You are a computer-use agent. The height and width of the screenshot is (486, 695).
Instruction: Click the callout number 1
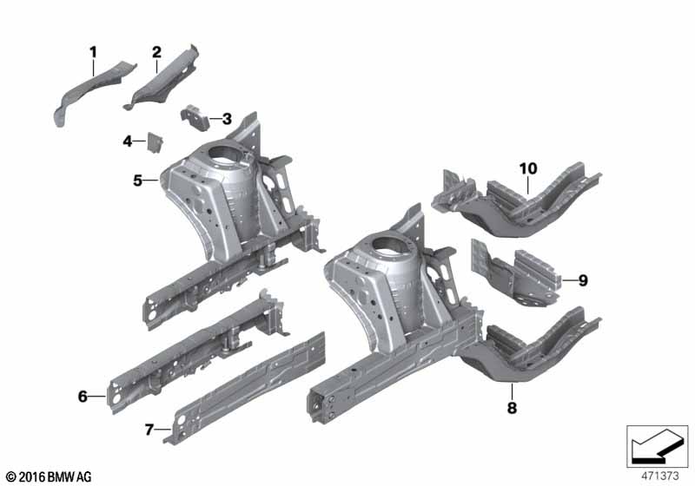pyautogui.click(x=93, y=52)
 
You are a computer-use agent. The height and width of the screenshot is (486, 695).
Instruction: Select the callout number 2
pyautogui.click(x=156, y=52)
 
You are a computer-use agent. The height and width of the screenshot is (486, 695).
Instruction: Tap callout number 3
pyautogui.click(x=227, y=119)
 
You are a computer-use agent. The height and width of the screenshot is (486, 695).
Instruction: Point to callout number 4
pyautogui.click(x=128, y=141)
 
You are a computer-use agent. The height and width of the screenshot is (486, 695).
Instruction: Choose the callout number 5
pyautogui.click(x=138, y=181)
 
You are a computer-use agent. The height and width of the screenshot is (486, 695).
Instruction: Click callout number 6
pyautogui.click(x=83, y=397)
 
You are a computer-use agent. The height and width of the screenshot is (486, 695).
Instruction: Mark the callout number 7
pyautogui.click(x=149, y=430)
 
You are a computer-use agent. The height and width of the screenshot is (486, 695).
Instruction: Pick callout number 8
pyautogui.click(x=512, y=408)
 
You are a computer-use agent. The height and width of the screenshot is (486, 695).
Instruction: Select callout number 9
pyautogui.click(x=583, y=280)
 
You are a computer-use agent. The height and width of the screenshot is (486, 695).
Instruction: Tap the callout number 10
pyautogui.click(x=528, y=168)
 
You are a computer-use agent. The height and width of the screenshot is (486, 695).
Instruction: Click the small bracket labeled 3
pyautogui.click(x=195, y=117)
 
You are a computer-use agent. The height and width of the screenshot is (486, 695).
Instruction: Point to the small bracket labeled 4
pyautogui.click(x=155, y=142)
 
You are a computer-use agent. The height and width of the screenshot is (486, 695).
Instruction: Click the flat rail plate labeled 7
pyautogui.click(x=245, y=388)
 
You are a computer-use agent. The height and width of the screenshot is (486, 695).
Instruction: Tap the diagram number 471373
pyautogui.click(x=660, y=476)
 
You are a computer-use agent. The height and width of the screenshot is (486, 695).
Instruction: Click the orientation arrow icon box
pyautogui.click(x=658, y=447)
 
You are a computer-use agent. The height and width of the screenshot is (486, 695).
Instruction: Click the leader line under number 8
pyautogui.click(x=512, y=391)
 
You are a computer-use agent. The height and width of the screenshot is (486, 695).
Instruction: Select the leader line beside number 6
pyautogui.click(x=97, y=397)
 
